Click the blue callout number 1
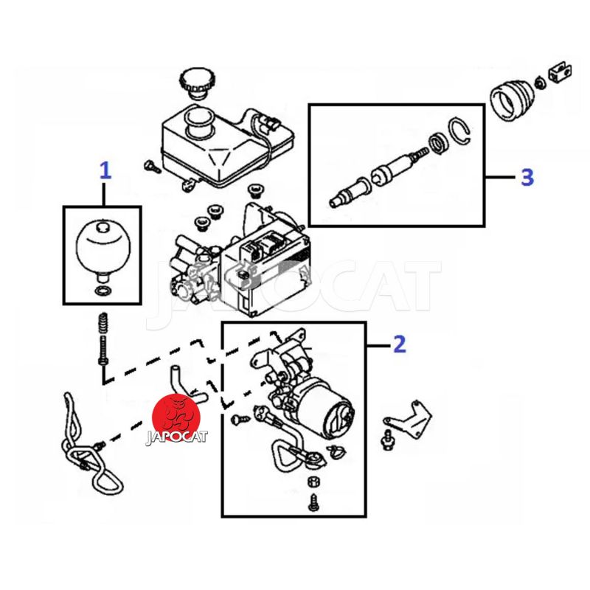105,170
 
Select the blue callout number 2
400,344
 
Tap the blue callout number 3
527,177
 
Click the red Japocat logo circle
176,417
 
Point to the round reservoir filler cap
195,83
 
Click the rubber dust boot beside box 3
512,100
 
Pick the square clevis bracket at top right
560,72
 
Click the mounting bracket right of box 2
409,419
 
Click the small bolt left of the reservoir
152,167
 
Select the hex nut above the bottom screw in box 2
313,482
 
